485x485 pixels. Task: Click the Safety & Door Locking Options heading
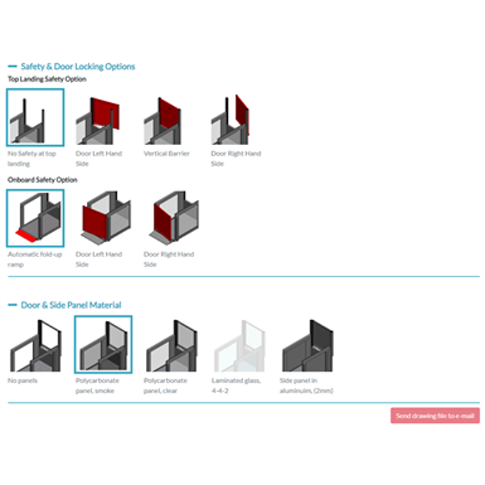point(77,66)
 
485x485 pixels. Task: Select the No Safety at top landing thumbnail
point(35,117)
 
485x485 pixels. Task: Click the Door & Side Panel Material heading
point(70,305)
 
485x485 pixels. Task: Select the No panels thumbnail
point(35,345)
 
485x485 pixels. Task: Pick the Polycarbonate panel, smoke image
point(103,345)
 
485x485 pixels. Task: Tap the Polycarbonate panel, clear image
point(171,345)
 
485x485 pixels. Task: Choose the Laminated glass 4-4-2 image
point(239,345)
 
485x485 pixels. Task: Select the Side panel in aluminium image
point(307,345)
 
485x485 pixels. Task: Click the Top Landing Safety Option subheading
point(47,79)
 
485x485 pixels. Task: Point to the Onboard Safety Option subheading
point(42,180)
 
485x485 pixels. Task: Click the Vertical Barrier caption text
point(166,154)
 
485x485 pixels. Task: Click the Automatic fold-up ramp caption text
point(34,254)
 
